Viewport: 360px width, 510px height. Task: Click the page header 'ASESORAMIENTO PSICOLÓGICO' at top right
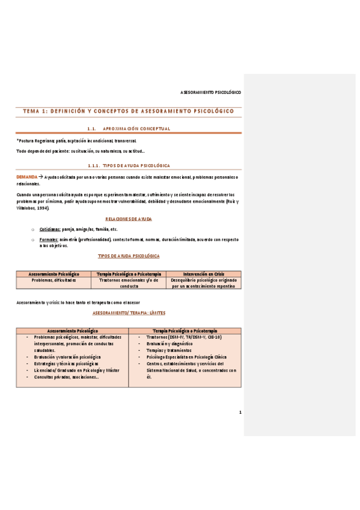coord(210,93)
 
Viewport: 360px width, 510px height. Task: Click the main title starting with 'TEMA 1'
coord(128,111)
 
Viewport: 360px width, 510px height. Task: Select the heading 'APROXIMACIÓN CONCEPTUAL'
coord(137,128)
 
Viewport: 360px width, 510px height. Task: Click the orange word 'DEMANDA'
coord(26,177)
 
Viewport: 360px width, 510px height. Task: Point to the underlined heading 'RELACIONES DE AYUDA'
coord(129,220)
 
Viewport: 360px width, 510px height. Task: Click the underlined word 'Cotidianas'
coord(49,230)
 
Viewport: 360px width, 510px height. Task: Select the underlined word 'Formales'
coord(49,239)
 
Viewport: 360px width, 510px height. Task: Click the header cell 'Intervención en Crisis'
coord(204,274)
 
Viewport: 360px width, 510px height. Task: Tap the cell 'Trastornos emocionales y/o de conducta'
coord(128,283)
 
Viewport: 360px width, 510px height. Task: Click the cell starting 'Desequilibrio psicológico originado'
coord(204,283)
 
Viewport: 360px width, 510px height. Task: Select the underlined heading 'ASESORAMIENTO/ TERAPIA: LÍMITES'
coord(129,313)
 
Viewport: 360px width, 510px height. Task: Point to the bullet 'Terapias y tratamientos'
coord(163,349)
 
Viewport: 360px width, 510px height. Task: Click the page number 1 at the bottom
coord(240,412)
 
